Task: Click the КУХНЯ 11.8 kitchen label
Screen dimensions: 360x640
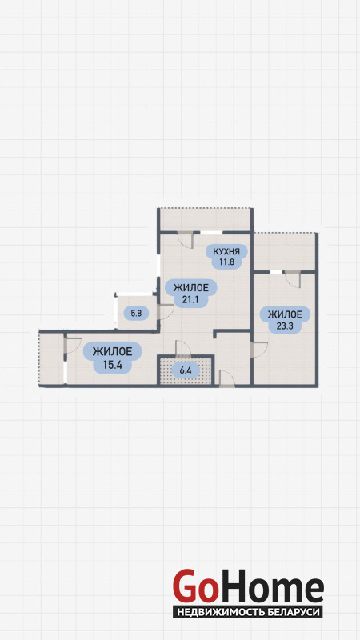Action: (x=226, y=256)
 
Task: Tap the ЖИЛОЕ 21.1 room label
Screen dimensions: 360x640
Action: (x=191, y=294)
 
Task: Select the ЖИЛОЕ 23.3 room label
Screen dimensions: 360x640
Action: (x=285, y=320)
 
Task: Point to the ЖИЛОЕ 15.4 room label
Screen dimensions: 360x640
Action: (x=112, y=358)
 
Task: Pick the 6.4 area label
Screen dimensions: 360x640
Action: (x=186, y=370)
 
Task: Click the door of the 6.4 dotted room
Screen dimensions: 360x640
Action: (x=183, y=348)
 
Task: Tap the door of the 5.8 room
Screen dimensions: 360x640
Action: (x=166, y=312)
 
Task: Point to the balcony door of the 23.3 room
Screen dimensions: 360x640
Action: (x=292, y=279)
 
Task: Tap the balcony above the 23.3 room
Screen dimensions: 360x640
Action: (x=285, y=252)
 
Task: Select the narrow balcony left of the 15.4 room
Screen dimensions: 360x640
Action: (x=51, y=358)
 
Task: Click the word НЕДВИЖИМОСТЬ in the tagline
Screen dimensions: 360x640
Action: (x=221, y=612)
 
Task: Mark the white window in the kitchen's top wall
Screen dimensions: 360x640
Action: (x=211, y=233)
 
